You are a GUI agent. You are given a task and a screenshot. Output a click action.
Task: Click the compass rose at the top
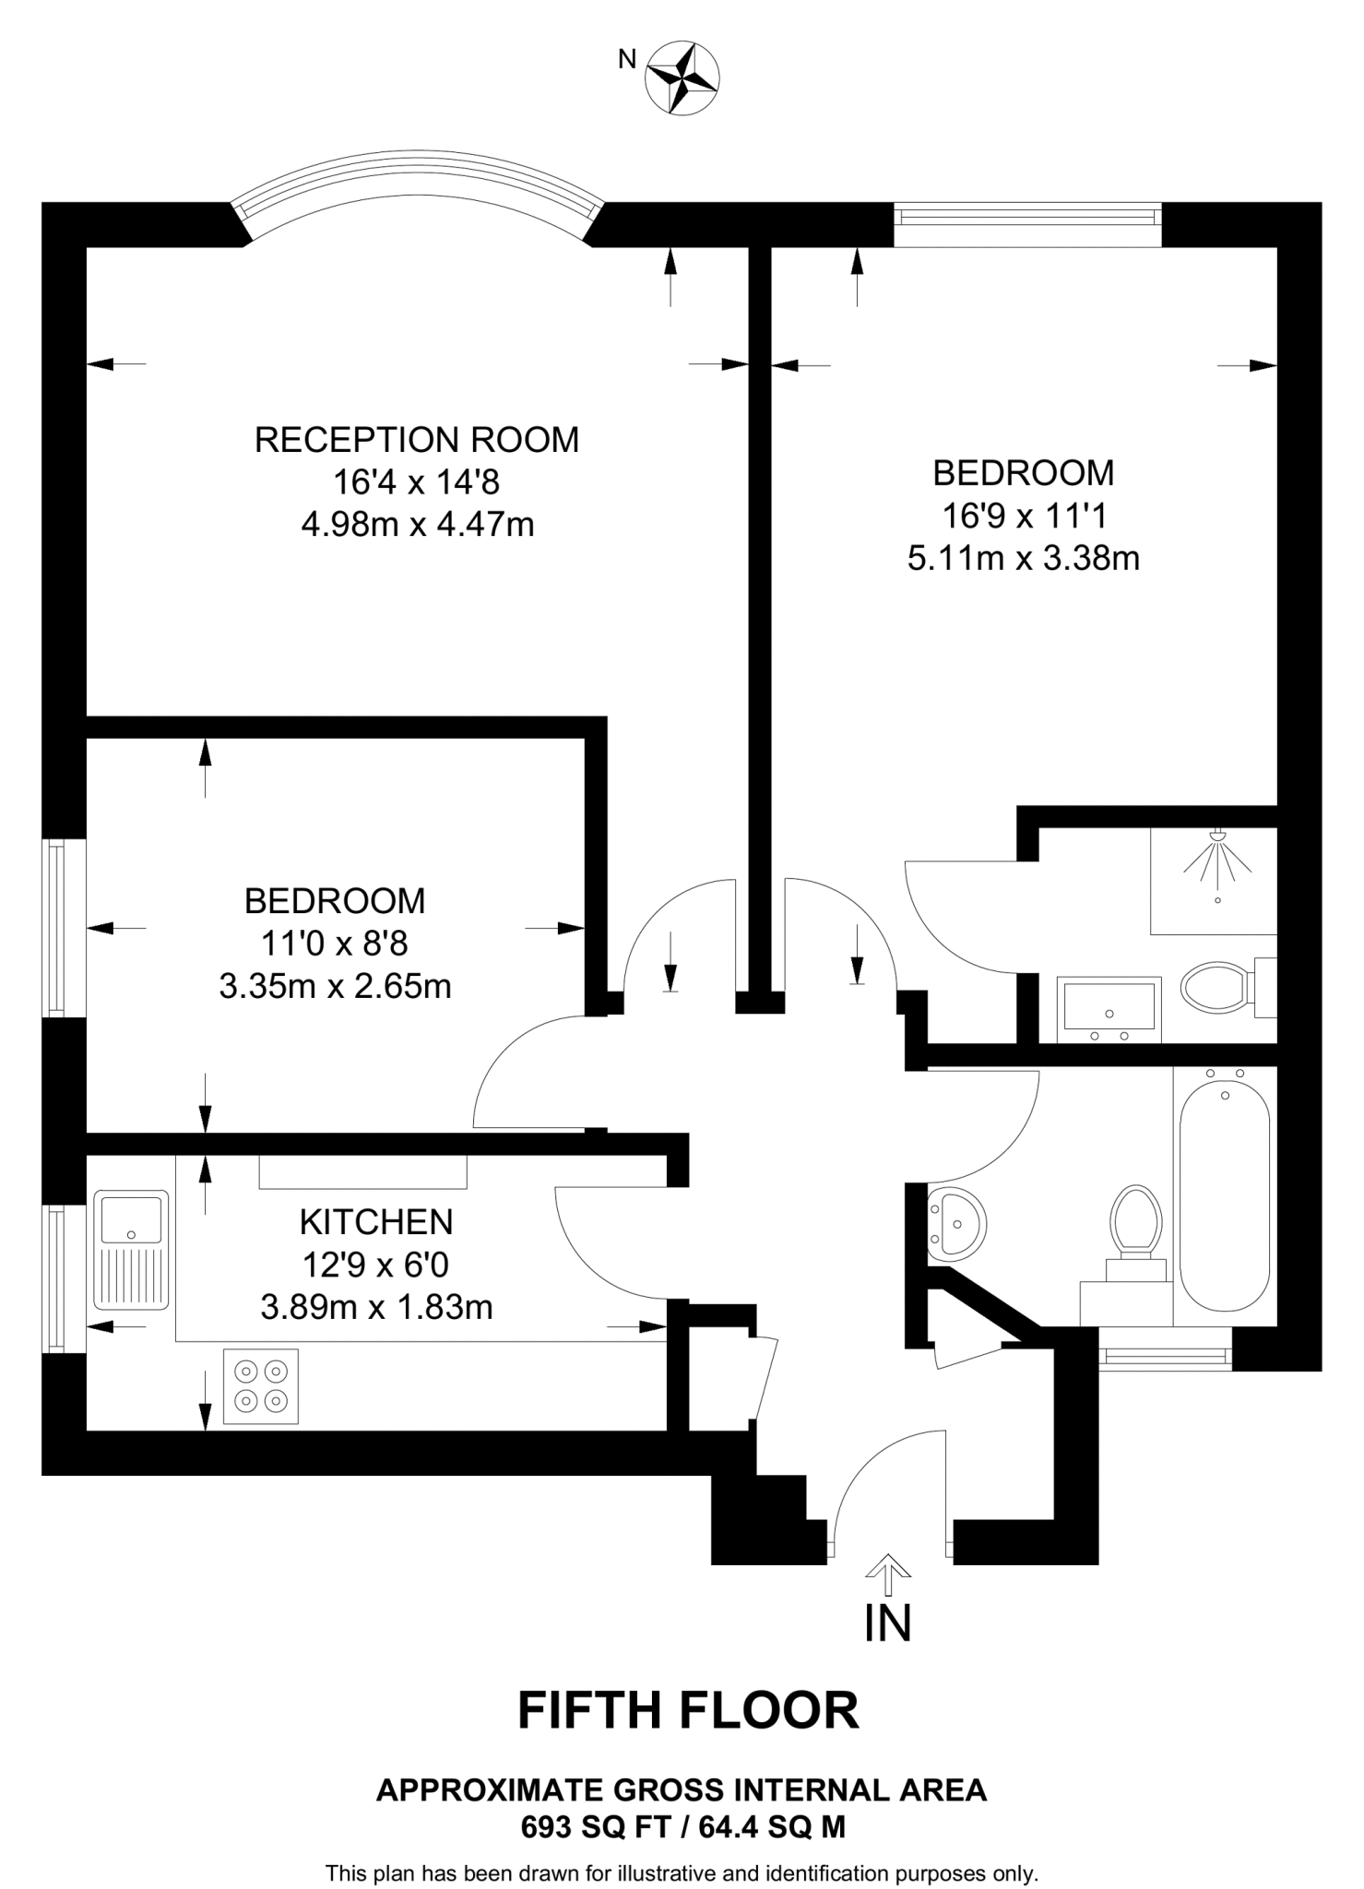point(682,79)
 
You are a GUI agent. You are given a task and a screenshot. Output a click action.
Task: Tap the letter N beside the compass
point(627,59)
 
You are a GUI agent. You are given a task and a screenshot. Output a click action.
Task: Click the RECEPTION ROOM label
point(417,440)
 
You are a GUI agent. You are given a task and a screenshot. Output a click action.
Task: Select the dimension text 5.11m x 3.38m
point(1024,559)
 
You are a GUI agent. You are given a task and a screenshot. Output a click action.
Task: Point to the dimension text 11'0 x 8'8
point(335,944)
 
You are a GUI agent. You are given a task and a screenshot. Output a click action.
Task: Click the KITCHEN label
point(376,1222)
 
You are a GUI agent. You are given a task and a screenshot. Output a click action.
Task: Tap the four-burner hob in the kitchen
point(261,1386)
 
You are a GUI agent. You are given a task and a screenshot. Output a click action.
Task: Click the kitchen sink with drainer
point(132,1250)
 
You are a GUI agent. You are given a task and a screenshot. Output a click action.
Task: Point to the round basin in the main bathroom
point(956,1225)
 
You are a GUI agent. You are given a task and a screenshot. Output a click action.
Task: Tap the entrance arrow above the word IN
point(888,1575)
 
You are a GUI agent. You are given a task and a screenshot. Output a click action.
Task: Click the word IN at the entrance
point(887,1624)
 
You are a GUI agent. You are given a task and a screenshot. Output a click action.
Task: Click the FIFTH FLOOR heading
point(688,1711)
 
